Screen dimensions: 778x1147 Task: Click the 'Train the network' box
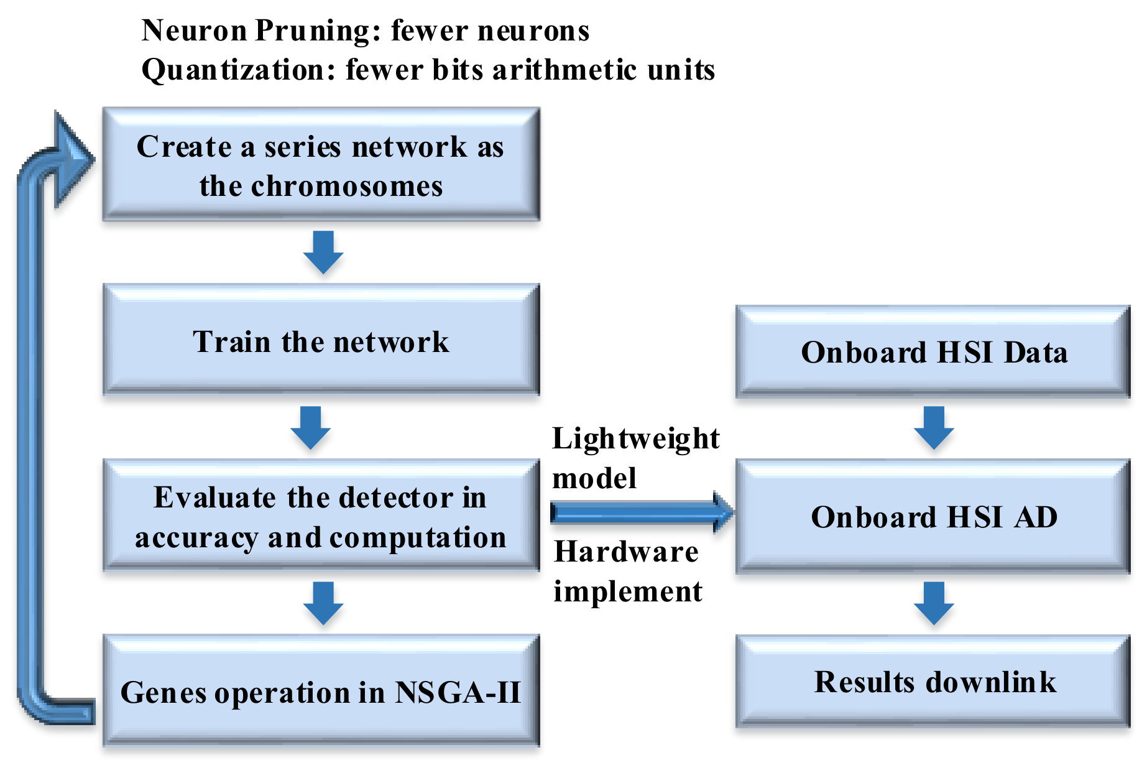[321, 340]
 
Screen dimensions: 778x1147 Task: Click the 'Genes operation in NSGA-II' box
[321, 691]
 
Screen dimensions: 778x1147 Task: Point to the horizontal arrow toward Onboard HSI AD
[640, 512]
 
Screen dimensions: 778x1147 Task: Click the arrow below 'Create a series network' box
[323, 252]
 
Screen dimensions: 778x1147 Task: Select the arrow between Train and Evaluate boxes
[311, 428]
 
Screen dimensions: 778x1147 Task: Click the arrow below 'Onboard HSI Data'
[934, 428]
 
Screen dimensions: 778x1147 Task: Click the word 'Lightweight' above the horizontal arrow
[635, 439]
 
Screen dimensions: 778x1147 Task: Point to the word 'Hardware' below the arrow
[626, 552]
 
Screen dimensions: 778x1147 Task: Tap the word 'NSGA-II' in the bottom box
[458, 692]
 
